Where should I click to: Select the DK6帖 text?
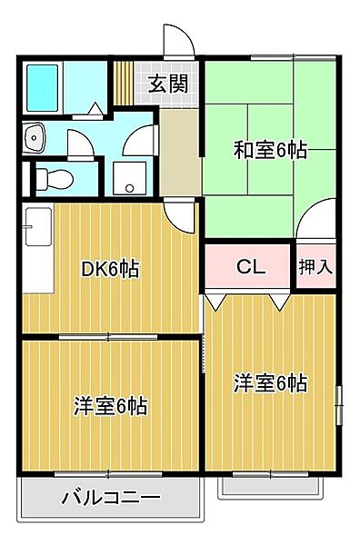tap(110, 270)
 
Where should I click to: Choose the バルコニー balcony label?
tap(110, 498)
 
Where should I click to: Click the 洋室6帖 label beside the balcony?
tap(110, 406)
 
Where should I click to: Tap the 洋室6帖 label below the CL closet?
tap(268, 383)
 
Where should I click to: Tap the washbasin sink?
tap(36, 137)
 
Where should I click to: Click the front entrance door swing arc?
tap(178, 40)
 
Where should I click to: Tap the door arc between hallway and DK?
tap(185, 214)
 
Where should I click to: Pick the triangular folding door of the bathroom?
tap(94, 107)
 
